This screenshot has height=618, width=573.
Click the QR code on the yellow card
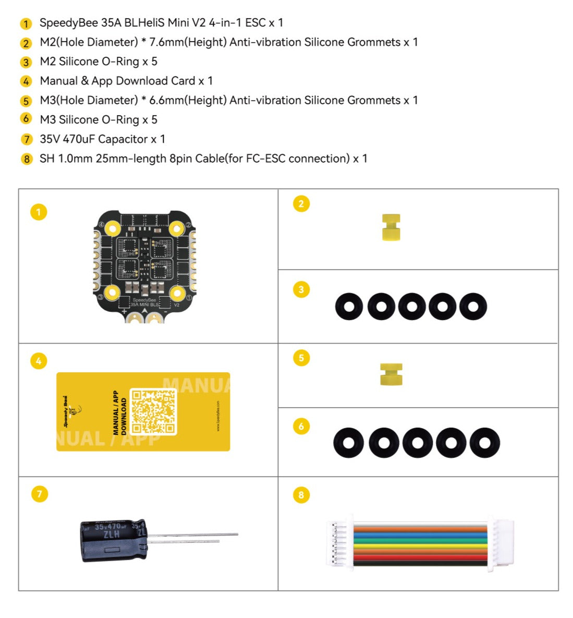coord(153,412)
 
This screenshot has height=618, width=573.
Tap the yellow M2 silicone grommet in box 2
coord(391,227)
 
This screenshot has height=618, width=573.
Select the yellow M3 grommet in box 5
coord(391,374)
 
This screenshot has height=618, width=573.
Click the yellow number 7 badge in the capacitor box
coord(39,494)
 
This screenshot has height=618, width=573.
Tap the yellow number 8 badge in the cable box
coord(301,494)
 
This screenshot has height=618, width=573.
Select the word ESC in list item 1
coord(255,23)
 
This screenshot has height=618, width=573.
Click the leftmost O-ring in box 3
coord(349,307)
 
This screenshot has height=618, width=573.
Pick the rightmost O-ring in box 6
coord(484,443)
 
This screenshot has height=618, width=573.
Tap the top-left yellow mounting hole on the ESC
coord(113,227)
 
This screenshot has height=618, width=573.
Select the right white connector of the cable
coord(501,544)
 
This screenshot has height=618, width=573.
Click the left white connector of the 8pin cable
coord(340,544)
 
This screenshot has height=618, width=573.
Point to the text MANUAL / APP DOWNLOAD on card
coord(120,413)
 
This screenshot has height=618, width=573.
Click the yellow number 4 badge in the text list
coord(26,81)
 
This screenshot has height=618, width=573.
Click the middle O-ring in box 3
coord(411,307)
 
